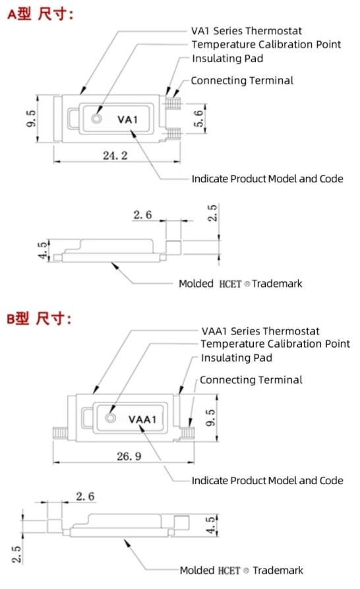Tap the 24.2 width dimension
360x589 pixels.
point(115,155)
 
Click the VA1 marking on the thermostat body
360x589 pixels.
point(128,119)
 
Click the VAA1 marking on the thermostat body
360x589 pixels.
point(141,419)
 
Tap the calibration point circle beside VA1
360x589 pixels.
point(98,119)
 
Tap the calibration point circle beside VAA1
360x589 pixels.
point(110,419)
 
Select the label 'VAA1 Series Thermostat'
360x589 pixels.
point(260,330)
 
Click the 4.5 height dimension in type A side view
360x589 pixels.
point(43,251)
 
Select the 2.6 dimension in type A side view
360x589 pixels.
point(142,215)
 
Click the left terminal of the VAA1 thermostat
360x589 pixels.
point(57,432)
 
